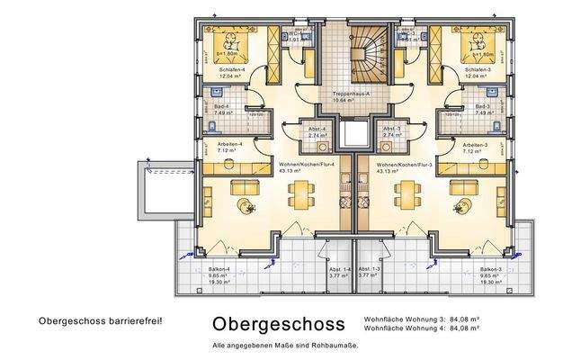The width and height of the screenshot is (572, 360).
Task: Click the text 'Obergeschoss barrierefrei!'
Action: point(101,319)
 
